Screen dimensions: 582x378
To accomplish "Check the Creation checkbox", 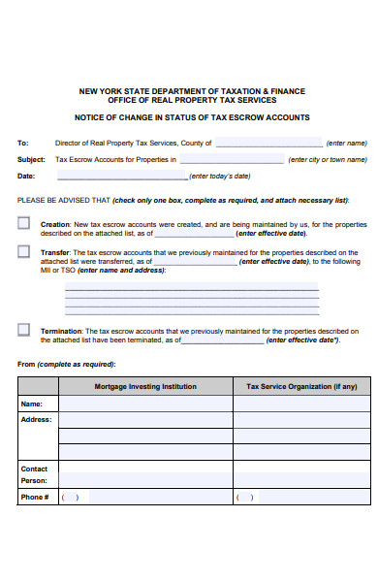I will click(23, 223).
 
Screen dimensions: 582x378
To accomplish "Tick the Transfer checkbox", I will click(23, 251).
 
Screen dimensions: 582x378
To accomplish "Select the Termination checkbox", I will click(23, 330).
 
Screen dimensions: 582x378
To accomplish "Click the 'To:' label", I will click(23, 142).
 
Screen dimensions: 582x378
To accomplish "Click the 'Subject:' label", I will click(31, 159).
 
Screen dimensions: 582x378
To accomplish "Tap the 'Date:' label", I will click(26, 177).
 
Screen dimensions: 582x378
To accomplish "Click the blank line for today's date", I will click(121, 178).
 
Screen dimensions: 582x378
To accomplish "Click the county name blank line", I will click(268, 143).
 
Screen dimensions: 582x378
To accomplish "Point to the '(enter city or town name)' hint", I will click(329, 159).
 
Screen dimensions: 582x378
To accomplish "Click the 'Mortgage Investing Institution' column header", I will click(145, 386).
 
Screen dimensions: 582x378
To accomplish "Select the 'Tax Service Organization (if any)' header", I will click(301, 386).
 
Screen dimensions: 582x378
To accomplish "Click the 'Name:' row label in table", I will click(31, 404).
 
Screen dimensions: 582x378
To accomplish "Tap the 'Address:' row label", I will click(35, 420).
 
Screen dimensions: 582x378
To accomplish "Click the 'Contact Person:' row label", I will click(34, 474).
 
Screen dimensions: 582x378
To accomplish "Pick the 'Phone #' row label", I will click(34, 497).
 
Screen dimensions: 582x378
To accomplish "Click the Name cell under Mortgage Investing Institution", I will click(145, 404).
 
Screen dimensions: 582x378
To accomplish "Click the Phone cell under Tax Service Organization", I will click(301, 497).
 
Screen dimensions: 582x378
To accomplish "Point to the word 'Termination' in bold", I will click(61, 331).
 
